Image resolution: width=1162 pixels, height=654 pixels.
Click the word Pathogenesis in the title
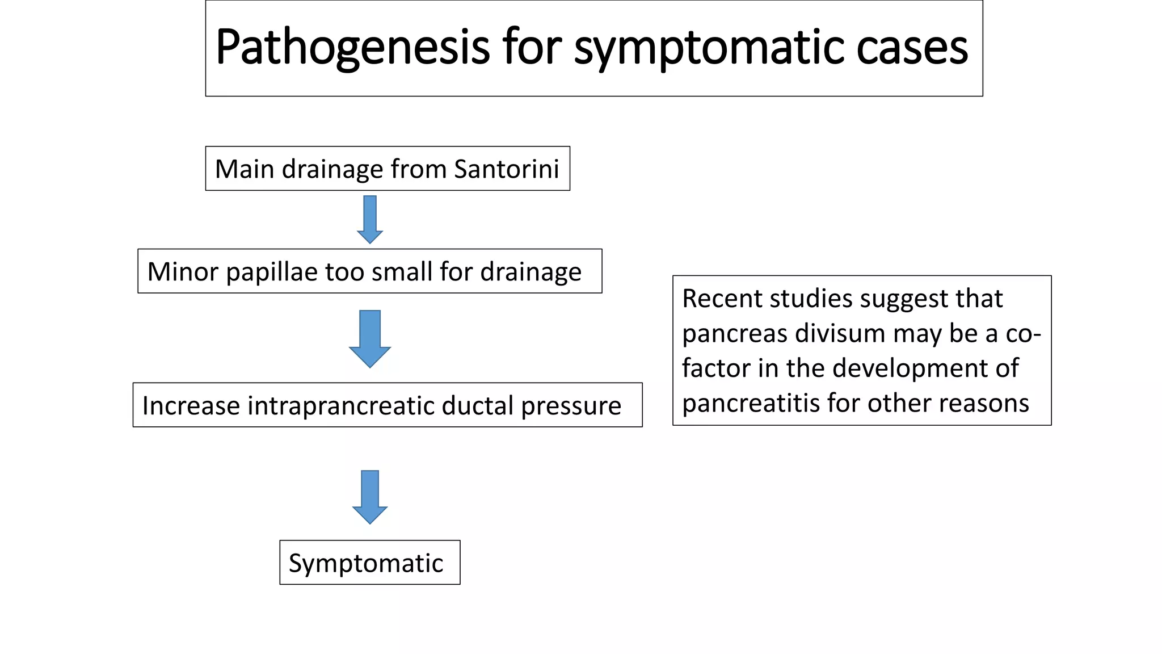pos(352,48)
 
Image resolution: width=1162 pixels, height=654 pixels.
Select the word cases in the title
pos(912,48)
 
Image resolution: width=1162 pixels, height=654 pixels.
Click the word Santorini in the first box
pos(506,169)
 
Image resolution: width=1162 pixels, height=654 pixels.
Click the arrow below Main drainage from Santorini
pos(370,219)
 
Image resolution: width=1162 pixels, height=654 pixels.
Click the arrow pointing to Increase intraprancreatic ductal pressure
pos(370,338)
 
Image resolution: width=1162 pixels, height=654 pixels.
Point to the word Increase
pos(191,405)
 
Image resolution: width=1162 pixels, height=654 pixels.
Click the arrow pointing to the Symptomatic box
pos(370,496)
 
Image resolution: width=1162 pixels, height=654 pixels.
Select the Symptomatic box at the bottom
pos(370,563)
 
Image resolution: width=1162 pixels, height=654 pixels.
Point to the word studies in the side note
pos(806,299)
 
